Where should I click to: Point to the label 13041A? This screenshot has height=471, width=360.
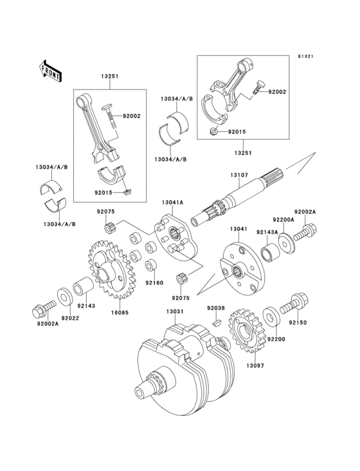[x=172, y=203]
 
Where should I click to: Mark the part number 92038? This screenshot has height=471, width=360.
[x=216, y=308]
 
